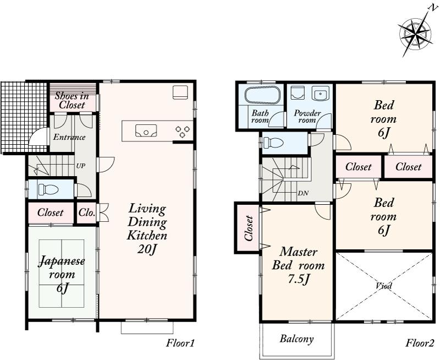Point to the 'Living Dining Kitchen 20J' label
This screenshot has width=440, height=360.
pos(147,228)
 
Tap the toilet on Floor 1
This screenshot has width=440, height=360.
pos(50,190)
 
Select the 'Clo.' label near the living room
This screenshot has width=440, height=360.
pos(86,212)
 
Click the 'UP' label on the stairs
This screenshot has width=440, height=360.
pos(80,165)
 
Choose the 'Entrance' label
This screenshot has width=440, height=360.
pos(69,137)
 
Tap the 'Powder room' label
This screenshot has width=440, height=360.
pos(307,117)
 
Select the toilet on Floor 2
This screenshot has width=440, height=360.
pos(273,143)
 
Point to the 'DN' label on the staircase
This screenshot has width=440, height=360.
pos(302,193)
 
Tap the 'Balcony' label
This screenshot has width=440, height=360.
pos(296,339)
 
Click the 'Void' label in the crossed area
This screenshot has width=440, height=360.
pos(384,286)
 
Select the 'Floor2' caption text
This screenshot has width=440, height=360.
pos(420,343)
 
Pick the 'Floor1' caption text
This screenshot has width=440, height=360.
pos(180,343)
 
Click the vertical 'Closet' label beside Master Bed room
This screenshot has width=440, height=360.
pos(248,227)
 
